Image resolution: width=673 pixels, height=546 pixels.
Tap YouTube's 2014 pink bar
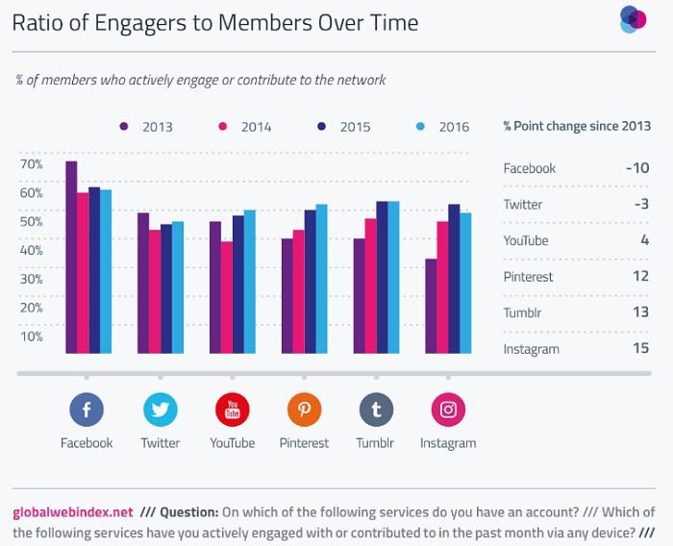[x=226, y=297]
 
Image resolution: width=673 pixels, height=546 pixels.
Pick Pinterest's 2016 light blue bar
[x=321, y=279]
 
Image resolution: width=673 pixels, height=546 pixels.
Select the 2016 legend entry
[x=442, y=127]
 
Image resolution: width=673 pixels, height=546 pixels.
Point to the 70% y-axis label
[x=31, y=164]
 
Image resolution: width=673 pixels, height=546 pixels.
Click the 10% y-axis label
[x=31, y=336]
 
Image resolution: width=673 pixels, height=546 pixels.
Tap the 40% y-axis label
[x=31, y=250]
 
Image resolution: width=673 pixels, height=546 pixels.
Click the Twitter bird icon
[x=160, y=410]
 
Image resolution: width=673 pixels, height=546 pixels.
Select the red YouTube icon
[x=232, y=410]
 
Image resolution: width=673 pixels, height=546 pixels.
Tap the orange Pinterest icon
[x=304, y=410]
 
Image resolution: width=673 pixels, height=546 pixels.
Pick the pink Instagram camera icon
[x=448, y=410]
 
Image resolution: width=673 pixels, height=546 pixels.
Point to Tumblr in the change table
[x=522, y=312]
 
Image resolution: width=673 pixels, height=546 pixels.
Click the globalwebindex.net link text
[x=72, y=511]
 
